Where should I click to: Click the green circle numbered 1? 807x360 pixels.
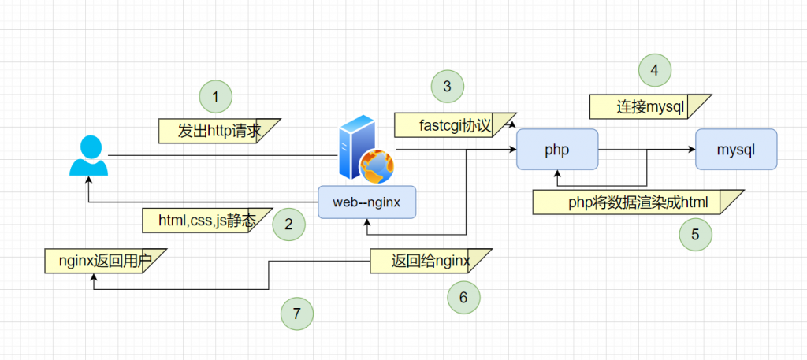click(216, 97)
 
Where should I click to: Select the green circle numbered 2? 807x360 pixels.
click(288, 224)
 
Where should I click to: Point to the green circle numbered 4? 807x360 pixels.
click(654, 71)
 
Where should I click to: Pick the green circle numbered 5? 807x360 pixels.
click(696, 234)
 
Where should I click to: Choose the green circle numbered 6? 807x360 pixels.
click(463, 296)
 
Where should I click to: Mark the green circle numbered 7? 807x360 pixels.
click(297, 314)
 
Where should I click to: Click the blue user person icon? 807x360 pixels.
click(88, 156)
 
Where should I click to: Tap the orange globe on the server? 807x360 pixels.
click(376, 166)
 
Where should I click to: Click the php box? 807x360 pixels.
click(557, 149)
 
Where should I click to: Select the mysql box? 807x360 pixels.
click(736, 149)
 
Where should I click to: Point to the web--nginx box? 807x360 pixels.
click(366, 202)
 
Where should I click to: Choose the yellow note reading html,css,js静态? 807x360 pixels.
click(206, 221)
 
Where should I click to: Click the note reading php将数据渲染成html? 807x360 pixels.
click(638, 202)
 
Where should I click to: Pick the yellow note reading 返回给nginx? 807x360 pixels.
click(430, 261)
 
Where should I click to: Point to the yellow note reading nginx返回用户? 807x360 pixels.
click(104, 260)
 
